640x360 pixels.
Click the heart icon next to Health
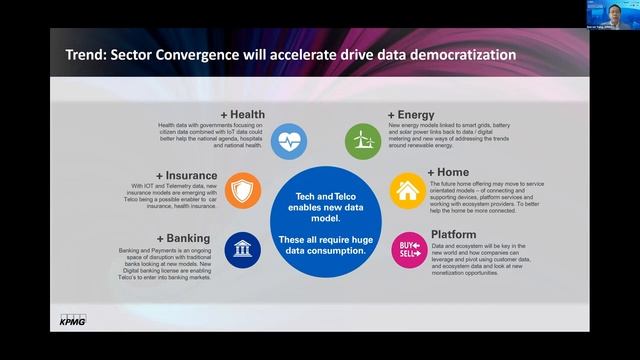point(288,137)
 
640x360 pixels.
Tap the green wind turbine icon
point(360,139)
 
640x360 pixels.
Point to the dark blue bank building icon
point(242,246)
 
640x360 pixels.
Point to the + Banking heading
point(181,238)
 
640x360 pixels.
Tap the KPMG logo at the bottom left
point(68,321)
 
